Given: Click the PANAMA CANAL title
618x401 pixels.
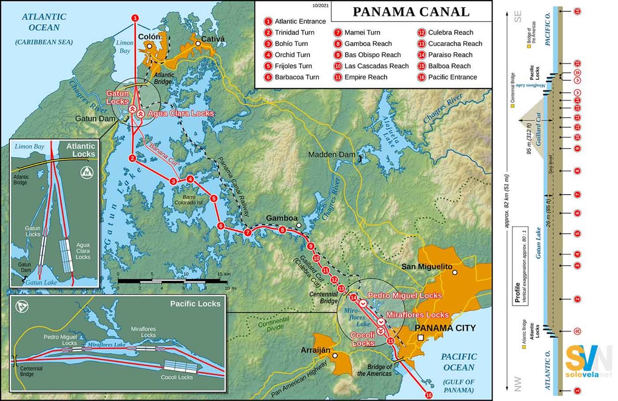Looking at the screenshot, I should tap(410, 12).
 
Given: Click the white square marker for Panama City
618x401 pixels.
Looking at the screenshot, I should tap(421, 338).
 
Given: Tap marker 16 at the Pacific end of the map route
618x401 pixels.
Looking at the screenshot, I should tap(428, 395).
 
